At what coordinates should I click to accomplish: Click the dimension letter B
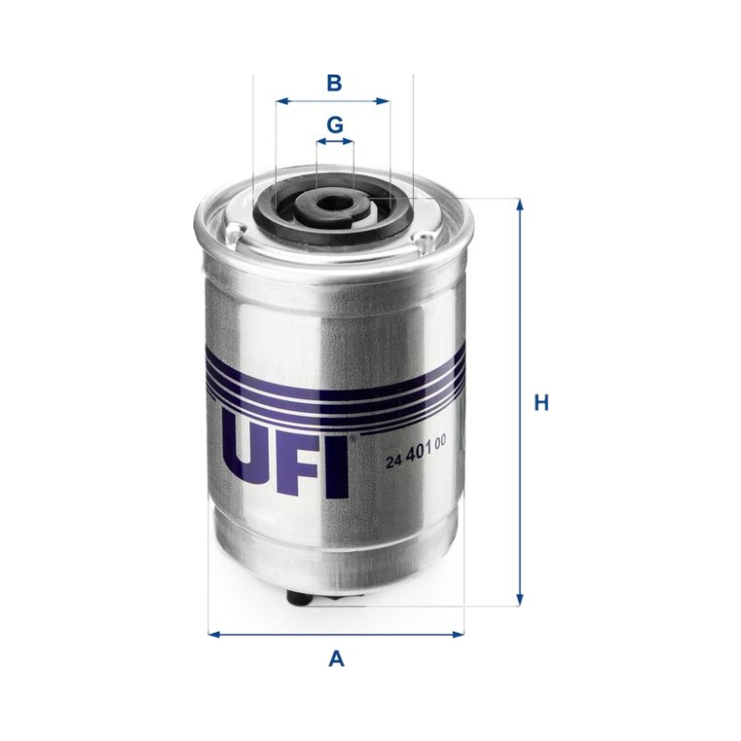click(x=334, y=83)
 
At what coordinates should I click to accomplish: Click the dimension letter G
click(x=335, y=125)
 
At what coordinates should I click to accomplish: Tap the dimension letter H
click(x=541, y=404)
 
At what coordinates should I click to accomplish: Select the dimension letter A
click(x=336, y=659)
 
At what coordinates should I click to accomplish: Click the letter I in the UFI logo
click(x=338, y=468)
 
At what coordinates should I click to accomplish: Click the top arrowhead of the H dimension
click(x=520, y=205)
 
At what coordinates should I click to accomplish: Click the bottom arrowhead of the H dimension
click(x=520, y=599)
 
